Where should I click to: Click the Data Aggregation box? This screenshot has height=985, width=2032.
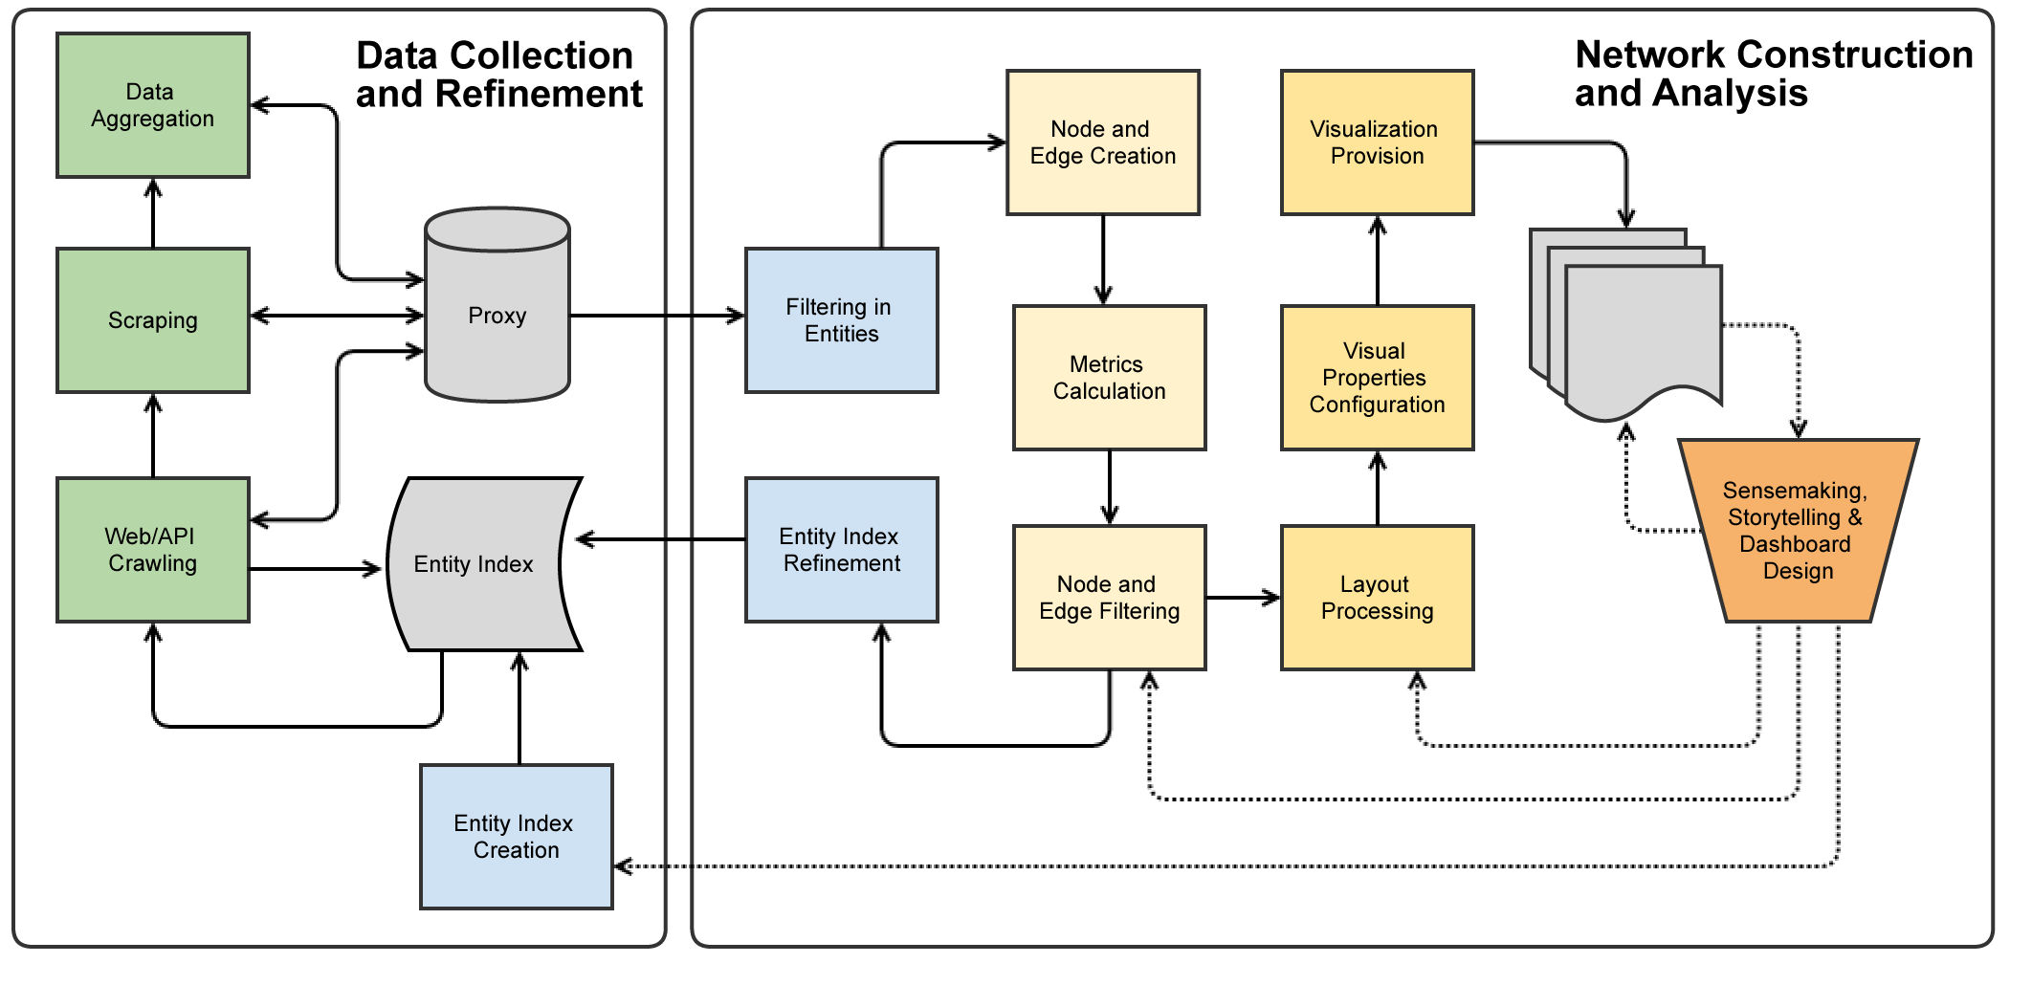click(153, 105)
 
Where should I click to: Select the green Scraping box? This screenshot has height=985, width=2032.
click(153, 320)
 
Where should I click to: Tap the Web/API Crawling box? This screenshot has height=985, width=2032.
click(153, 550)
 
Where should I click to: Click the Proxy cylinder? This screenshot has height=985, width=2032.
click(497, 316)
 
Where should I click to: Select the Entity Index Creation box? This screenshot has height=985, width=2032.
click(517, 837)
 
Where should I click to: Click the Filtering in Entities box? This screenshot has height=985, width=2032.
click(842, 320)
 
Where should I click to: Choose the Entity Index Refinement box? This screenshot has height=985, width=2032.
click(842, 550)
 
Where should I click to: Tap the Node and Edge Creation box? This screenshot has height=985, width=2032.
click(1103, 142)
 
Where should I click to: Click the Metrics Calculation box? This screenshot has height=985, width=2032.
click(1110, 378)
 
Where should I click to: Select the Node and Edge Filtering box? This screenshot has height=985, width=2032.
click(1110, 598)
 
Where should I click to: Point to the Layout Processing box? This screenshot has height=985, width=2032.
click(1378, 598)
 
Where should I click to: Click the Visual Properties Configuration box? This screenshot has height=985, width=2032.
click(1378, 378)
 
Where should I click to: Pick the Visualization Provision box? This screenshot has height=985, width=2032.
click(1378, 142)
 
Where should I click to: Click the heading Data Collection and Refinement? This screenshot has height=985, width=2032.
click(497, 75)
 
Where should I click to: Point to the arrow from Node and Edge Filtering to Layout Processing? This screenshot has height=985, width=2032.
click(1243, 598)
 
